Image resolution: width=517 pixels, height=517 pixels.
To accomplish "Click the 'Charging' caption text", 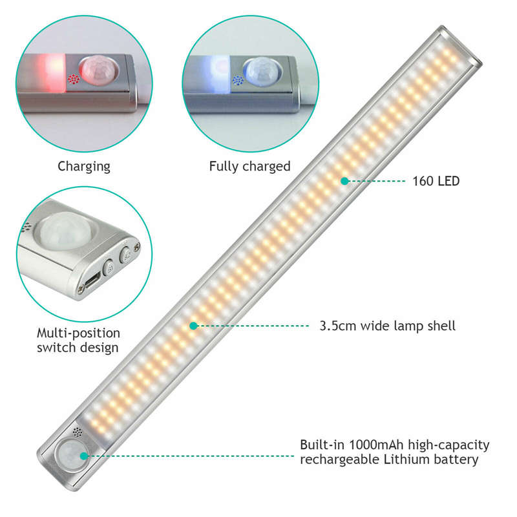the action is coord(84,167).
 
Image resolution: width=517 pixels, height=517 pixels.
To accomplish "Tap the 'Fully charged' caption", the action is coord(249,167).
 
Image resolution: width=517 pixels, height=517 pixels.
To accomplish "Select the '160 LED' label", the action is coord(436,181).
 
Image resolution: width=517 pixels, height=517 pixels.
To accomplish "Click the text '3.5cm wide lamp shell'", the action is coord(387,326).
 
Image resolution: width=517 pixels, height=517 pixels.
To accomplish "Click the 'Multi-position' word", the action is coord(78,333).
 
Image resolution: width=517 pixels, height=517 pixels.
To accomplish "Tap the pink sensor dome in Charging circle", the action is coord(99,70).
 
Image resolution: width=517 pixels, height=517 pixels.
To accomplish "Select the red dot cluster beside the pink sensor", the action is coord(73,79).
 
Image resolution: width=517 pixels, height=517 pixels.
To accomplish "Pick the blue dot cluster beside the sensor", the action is coord(238,80).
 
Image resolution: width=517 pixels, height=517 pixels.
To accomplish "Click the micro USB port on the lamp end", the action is coord(90,282).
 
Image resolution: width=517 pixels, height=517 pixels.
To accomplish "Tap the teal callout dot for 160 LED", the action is coord(344,181).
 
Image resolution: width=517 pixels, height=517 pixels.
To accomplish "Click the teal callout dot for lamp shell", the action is coord(193,326).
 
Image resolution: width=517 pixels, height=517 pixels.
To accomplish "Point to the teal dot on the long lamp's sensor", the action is coord(84,456).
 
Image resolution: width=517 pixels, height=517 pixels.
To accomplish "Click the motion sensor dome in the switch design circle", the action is coord(64,230).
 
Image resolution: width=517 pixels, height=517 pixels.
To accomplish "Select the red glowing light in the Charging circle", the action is coord(50,73).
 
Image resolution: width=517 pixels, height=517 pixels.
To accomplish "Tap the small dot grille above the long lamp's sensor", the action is coord(78,432).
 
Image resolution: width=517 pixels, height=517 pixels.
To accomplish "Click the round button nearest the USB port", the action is coord(109,268).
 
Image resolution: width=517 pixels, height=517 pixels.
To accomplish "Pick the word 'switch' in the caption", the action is coord(56,348).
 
